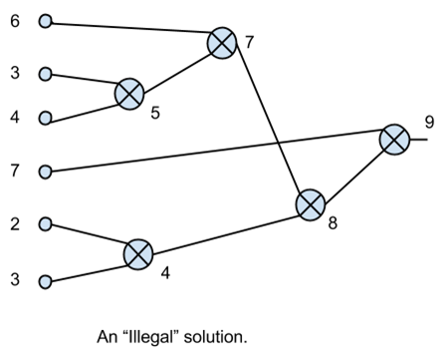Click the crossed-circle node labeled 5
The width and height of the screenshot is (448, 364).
(x=129, y=94)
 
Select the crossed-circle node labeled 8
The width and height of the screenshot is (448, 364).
(x=311, y=203)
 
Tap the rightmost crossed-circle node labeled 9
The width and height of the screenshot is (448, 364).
(x=394, y=140)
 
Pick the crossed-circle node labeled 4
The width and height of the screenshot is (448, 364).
(x=138, y=253)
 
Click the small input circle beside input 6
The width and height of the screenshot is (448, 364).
(x=45, y=20)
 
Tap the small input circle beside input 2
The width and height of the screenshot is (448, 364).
(x=45, y=223)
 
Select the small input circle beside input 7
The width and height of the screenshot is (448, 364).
(x=45, y=172)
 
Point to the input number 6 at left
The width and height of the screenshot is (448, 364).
(x=15, y=20)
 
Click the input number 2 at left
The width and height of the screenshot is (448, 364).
(x=15, y=223)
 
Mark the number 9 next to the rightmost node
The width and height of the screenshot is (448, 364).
(x=429, y=123)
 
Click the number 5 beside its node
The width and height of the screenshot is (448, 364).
(x=155, y=114)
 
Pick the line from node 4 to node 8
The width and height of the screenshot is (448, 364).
(x=224, y=229)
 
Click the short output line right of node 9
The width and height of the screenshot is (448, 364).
(x=418, y=140)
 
